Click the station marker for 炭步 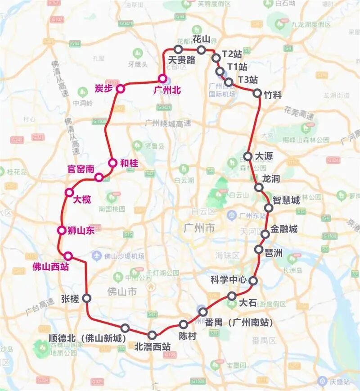[x=120, y=89]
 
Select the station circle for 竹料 [x=257, y=93]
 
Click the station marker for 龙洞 [x=259, y=187]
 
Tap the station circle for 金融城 [x=265, y=233]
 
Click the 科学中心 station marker [x=253, y=281]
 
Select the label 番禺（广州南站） [x=239, y=323]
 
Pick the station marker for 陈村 [x=184, y=324]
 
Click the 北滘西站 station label [x=153, y=346]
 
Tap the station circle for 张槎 [x=87, y=298]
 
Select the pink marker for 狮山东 [x=62, y=231]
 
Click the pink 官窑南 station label [x=81, y=169]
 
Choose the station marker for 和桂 [x=112, y=163]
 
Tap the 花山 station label [x=201, y=38]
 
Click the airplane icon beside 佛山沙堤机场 [x=96, y=256]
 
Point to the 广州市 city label [x=199, y=228]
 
